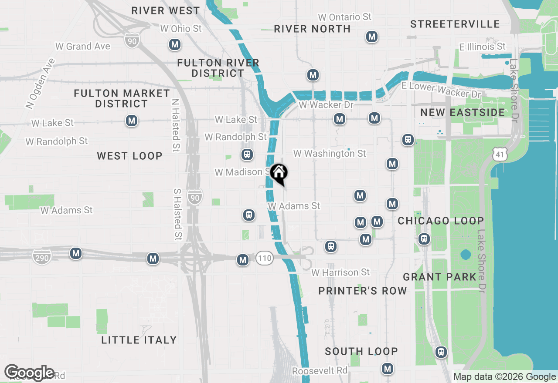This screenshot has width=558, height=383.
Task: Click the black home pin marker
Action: point(279,173)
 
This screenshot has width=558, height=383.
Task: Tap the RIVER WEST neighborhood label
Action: point(166,10)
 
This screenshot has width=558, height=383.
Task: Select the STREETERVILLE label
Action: point(455,24)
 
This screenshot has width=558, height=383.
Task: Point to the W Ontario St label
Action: point(345,17)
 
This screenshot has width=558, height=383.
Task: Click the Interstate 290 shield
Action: point(41,256)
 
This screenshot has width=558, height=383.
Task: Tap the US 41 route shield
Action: point(500,153)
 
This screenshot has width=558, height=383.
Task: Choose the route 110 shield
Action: point(264,258)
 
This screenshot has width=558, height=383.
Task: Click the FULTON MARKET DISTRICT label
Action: point(122,98)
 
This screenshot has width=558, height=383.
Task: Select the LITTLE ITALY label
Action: point(139,340)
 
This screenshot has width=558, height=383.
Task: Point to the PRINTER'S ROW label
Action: point(363,291)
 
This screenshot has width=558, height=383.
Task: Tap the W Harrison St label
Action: point(340,272)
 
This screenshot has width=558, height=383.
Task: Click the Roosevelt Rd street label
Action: point(320,371)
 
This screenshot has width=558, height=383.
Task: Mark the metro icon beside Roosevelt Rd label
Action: point(388,369)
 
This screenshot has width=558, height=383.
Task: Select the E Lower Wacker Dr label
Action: point(441,90)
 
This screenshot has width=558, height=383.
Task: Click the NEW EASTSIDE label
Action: point(463,112)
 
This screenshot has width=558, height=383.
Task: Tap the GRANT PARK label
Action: point(440,277)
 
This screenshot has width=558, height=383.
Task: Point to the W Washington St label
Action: point(330,154)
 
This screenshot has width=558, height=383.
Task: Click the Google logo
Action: point(29,373)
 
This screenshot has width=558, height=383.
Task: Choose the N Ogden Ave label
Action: point(41,83)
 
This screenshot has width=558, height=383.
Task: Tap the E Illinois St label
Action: point(482,47)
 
